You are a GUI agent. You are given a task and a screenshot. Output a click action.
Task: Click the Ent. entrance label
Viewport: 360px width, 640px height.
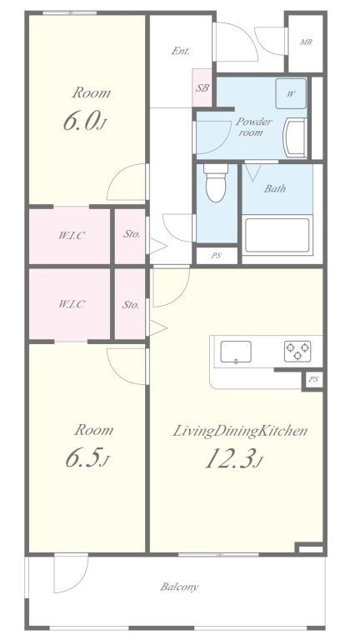[180, 51]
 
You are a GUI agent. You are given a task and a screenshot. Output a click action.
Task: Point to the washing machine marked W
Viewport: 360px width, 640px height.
[291, 93]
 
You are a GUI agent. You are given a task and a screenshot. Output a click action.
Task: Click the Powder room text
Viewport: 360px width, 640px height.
[253, 127]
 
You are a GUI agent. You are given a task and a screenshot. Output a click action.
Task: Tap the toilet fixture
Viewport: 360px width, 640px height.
[216, 184]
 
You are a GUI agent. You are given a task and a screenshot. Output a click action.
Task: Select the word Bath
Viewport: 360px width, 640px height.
[275, 188]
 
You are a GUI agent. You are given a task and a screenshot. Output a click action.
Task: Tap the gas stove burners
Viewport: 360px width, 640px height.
[297, 351]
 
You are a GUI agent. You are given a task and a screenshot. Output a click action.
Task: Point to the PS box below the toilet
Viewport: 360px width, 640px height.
[216, 256]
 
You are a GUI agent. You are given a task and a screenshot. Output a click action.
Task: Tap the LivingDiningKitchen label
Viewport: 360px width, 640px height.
[240, 431]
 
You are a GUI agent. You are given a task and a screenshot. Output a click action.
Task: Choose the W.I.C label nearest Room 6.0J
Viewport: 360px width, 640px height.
[71, 236]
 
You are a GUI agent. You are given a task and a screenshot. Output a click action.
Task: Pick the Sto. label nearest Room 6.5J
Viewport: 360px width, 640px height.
[131, 304]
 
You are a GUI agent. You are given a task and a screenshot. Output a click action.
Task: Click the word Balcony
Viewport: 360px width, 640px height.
[179, 587]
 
